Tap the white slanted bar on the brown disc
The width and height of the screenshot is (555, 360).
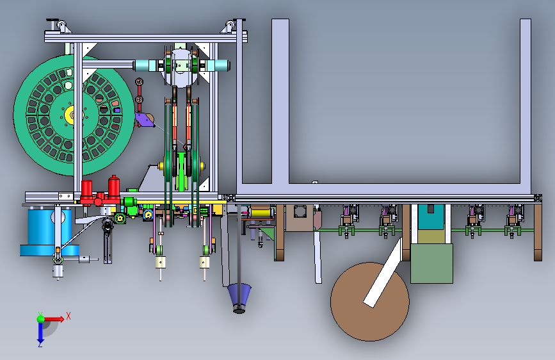click(x=383, y=273)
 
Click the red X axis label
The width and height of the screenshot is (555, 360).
click(x=68, y=316)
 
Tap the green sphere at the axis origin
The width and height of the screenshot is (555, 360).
click(x=41, y=319)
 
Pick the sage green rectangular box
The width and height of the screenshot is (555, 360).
click(x=431, y=264)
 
